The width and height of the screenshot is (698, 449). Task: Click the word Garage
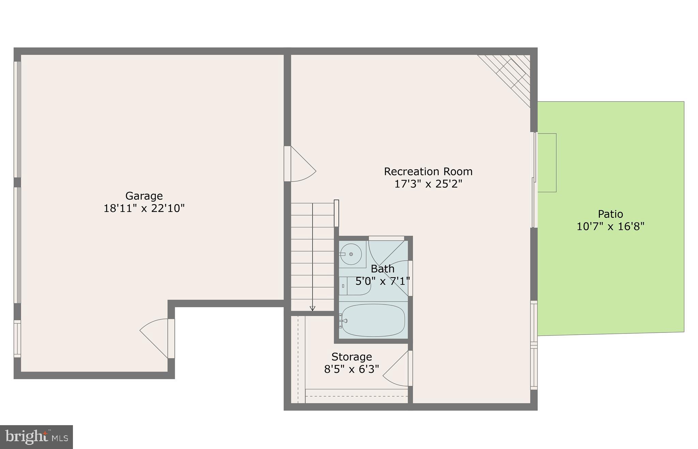tap(144, 196)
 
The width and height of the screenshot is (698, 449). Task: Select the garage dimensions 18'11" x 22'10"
tap(144, 208)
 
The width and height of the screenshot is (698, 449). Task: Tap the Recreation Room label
tap(428, 171)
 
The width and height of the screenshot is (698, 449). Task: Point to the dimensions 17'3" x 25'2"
tap(428, 184)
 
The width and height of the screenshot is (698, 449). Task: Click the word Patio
tap(610, 214)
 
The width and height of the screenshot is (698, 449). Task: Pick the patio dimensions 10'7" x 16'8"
tap(610, 227)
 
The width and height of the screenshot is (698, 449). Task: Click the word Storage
tap(351, 357)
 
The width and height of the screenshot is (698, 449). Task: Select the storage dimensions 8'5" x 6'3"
tap(351, 369)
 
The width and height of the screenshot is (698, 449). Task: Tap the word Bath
tap(382, 269)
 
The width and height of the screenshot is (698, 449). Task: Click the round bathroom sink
tap(351, 254)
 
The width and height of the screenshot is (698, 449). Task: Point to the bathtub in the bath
tap(373, 320)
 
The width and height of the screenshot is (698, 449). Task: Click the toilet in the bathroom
tap(356, 286)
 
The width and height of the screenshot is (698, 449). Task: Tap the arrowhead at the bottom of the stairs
tap(312, 308)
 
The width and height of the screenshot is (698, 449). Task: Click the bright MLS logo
tap(36, 437)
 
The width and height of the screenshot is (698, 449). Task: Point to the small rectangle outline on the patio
tap(547, 163)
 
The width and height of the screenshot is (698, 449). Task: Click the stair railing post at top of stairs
tap(336, 213)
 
